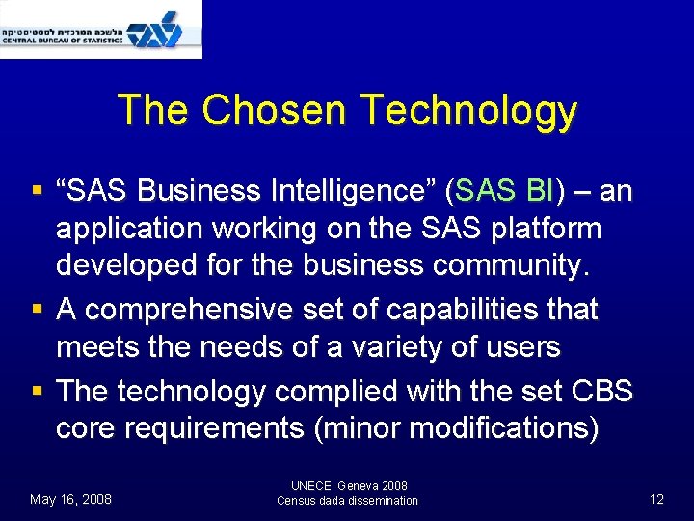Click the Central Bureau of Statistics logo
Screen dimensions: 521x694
[x=101, y=29]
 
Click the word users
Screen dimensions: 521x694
[x=517, y=346]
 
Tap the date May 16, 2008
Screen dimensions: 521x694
[x=70, y=499]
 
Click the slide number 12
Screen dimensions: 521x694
[x=656, y=499]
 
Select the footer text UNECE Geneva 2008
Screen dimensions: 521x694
[x=348, y=486]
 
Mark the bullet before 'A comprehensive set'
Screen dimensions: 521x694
[x=36, y=311]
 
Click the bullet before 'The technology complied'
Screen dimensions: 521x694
[x=36, y=392]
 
